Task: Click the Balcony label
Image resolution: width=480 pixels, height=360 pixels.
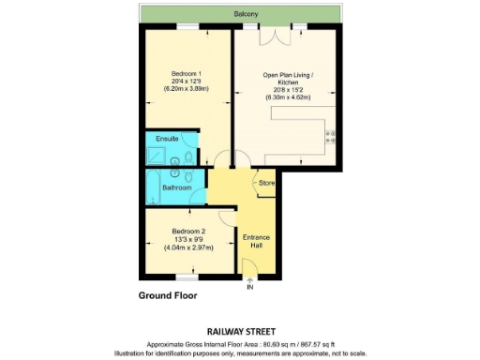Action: [x=247, y=14]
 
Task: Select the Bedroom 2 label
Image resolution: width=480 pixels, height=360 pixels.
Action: [x=188, y=231]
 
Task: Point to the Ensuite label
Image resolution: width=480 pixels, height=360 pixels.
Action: [x=167, y=139]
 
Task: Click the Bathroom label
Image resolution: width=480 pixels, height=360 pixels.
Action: [x=177, y=187]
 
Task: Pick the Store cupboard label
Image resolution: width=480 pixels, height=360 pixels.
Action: [x=265, y=182]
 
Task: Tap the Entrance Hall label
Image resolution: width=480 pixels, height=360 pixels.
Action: [x=256, y=242]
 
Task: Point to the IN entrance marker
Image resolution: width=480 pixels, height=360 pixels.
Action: [x=249, y=286]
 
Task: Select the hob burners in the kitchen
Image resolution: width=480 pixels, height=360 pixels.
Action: [x=330, y=140]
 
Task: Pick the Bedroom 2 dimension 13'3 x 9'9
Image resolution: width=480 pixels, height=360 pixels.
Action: [x=188, y=240]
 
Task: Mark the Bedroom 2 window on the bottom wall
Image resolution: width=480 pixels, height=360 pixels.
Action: [x=188, y=277]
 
